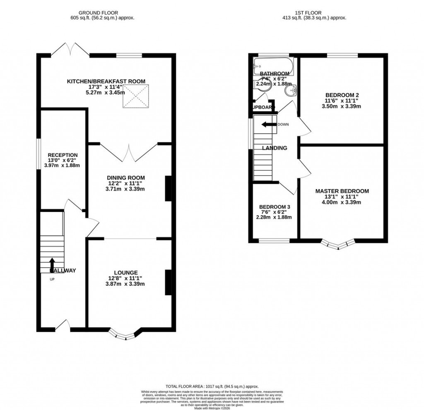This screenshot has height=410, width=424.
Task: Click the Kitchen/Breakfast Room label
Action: pyautogui.click(x=106, y=82)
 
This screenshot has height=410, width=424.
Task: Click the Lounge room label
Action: pyautogui.click(x=126, y=273)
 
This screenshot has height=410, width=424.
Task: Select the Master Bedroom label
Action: pyautogui.click(x=342, y=191)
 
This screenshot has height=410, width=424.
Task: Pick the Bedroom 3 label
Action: pyautogui.click(x=275, y=207)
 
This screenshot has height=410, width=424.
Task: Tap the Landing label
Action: pyautogui.click(x=274, y=148)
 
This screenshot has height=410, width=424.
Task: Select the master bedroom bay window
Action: pyautogui.click(x=340, y=246)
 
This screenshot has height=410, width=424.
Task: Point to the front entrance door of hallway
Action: pyautogui.click(x=63, y=326)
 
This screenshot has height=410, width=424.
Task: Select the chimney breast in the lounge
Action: pyautogui.click(x=168, y=283)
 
